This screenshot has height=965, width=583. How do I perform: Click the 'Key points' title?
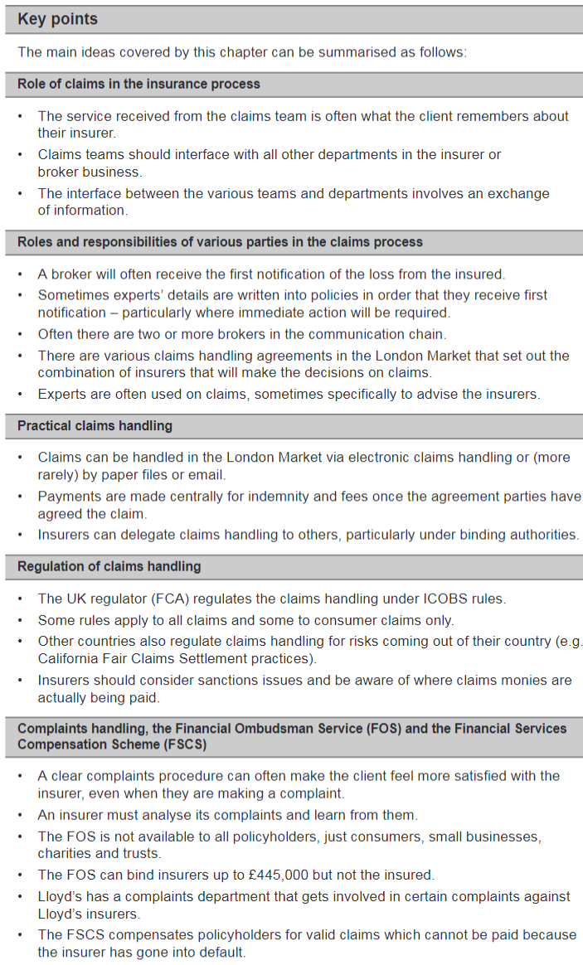[x=58, y=19]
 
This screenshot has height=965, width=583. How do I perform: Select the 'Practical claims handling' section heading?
[x=95, y=426]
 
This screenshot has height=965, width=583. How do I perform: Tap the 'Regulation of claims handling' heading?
[x=109, y=567]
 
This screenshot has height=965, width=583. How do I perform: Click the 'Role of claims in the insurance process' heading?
[x=138, y=84]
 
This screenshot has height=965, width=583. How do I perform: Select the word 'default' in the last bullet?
[x=221, y=952]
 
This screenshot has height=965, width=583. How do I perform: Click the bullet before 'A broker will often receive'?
[x=21, y=274]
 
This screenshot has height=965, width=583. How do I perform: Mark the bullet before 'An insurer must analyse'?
[x=21, y=816]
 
